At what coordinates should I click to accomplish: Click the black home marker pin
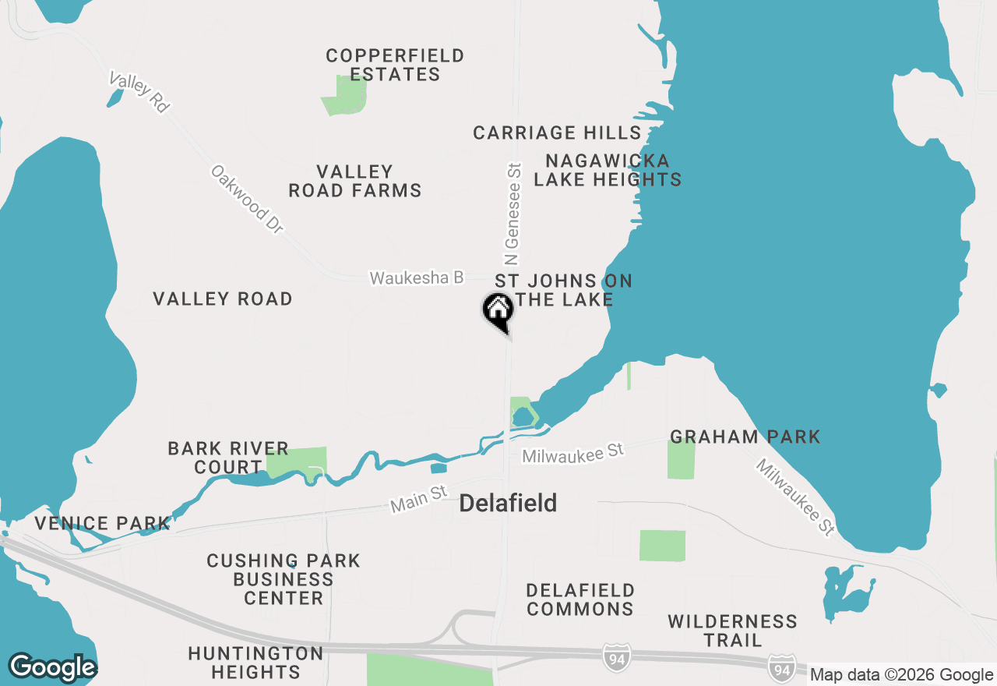(498, 311)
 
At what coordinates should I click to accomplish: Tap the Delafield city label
(508, 504)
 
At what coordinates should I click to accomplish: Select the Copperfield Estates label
(395, 65)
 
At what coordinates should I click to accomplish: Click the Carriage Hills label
(557, 133)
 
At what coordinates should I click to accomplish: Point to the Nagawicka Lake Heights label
(608, 170)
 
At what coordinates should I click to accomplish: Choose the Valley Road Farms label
(355, 181)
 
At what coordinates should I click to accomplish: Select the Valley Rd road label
(139, 93)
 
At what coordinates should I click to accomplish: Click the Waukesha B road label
(417, 278)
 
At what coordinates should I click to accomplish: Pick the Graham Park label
(745, 437)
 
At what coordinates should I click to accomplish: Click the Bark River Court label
(228, 458)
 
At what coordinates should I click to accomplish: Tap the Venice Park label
(101, 523)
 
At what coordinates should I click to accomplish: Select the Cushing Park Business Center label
(284, 579)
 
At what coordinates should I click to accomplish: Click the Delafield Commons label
(580, 599)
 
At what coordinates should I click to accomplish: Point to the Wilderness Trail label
(732, 631)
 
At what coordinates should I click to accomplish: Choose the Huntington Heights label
(255, 663)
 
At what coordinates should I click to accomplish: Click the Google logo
(52, 667)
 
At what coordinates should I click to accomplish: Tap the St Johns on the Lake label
(563, 290)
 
